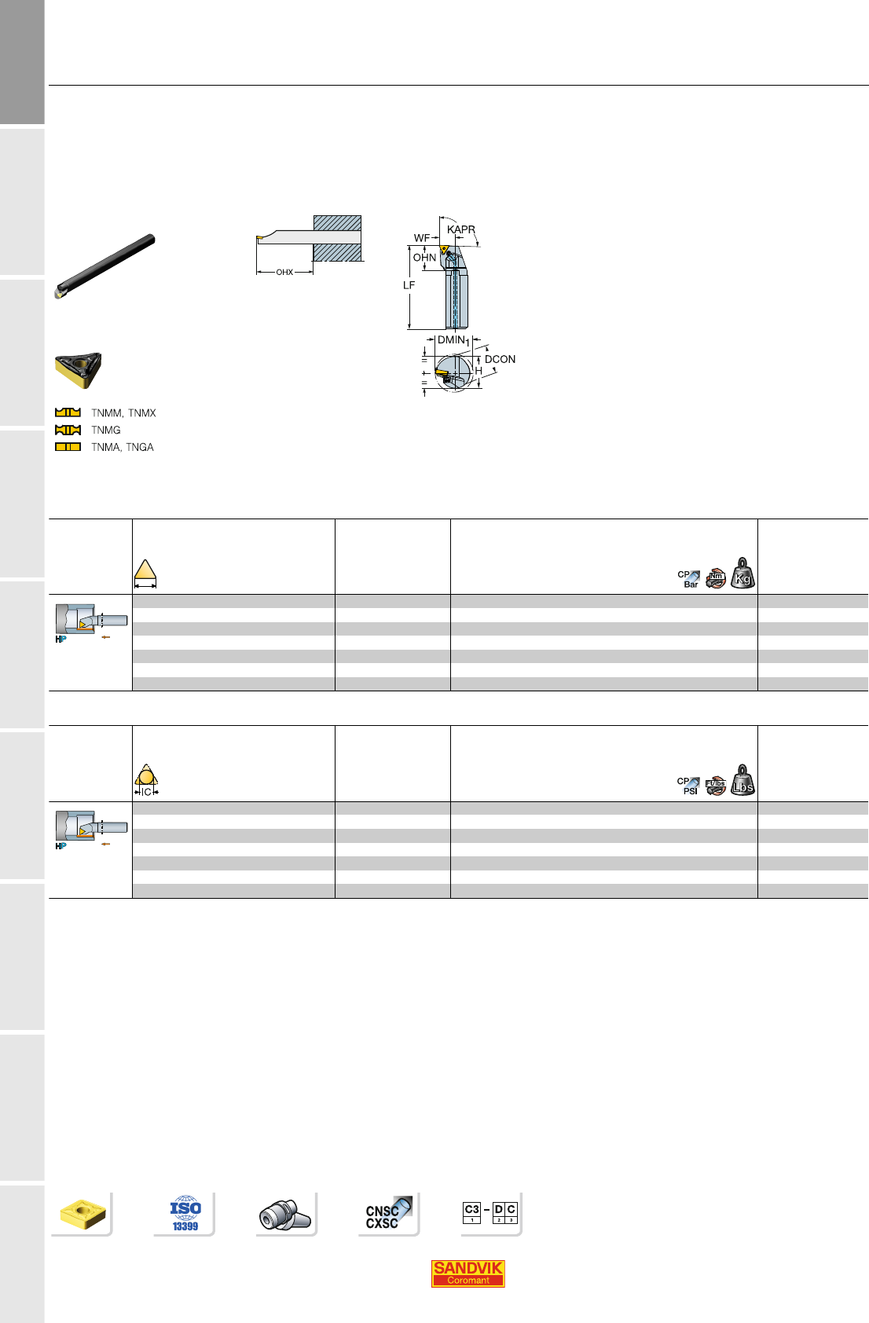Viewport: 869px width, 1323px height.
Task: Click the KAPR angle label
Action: pyautogui.click(x=460, y=229)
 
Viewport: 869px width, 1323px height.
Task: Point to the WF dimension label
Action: pyautogui.click(x=422, y=238)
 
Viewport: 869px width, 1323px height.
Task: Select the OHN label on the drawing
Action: pyautogui.click(x=424, y=258)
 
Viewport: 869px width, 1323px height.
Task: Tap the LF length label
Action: pyautogui.click(x=409, y=285)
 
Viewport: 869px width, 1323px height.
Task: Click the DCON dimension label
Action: pyautogui.click(x=500, y=359)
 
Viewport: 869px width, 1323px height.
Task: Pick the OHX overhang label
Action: pyautogui.click(x=284, y=273)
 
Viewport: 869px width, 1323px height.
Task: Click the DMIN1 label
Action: pyautogui.click(x=453, y=340)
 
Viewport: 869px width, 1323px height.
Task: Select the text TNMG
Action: pyautogui.click(x=106, y=430)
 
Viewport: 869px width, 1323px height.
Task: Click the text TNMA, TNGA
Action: pyautogui.click(x=123, y=447)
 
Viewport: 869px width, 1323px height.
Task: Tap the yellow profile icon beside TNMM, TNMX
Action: pyautogui.click(x=68, y=412)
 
